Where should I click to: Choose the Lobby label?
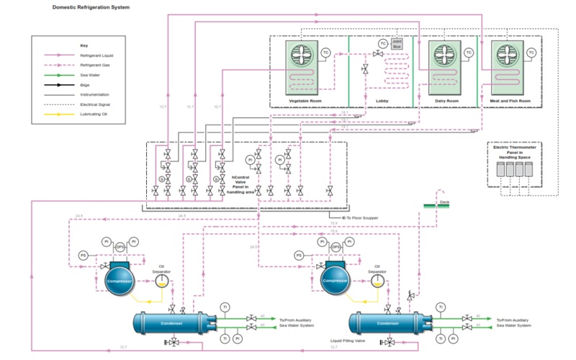pos(382,101)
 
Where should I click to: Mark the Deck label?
pos(444,203)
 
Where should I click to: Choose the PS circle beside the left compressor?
pos(83,256)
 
